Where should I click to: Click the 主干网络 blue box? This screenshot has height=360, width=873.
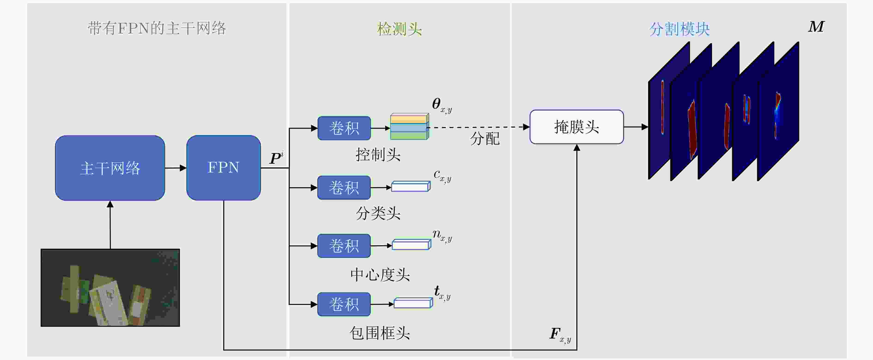[x=110, y=168]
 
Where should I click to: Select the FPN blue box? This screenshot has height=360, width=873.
[x=223, y=168]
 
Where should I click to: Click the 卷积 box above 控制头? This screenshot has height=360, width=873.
[x=344, y=128]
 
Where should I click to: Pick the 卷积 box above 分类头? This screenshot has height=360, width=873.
[x=344, y=188]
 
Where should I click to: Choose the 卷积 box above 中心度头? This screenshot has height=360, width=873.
[x=344, y=246]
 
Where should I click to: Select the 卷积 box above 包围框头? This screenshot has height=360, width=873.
[x=344, y=304]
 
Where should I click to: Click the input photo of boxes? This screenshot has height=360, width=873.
[x=110, y=288]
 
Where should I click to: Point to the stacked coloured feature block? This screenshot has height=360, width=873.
[x=409, y=127]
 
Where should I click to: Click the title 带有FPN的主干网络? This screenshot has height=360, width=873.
[x=157, y=28]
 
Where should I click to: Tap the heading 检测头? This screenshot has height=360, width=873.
[x=400, y=29]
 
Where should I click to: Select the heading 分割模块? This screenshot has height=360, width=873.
[x=679, y=29]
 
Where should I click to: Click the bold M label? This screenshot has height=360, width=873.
[x=816, y=27]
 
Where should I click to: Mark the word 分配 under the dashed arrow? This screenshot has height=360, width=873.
[x=485, y=139]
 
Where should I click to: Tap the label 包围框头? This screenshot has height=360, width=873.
[x=380, y=333]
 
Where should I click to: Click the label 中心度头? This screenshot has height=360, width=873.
[x=380, y=275]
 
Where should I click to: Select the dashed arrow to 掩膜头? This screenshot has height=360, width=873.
[x=478, y=127]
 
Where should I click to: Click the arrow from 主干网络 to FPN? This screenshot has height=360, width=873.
[x=176, y=168]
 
